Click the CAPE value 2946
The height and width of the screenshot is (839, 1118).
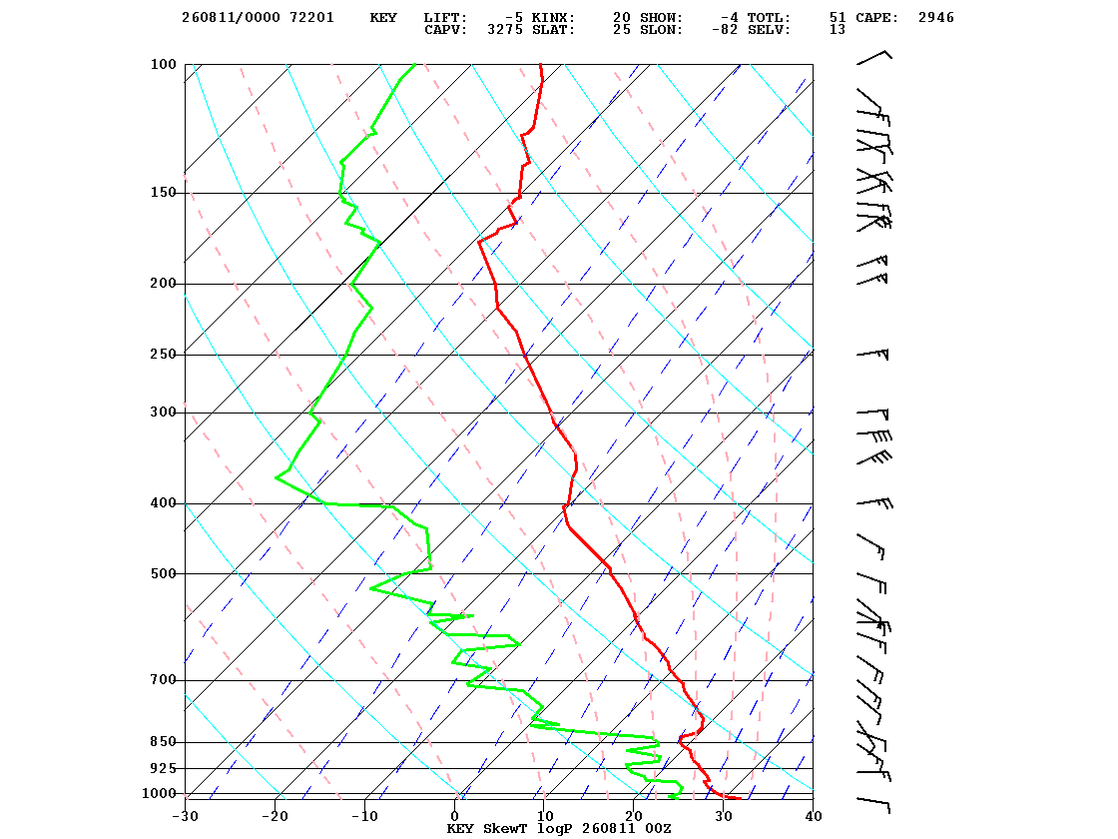[935, 18]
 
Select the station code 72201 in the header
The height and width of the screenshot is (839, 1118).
[311, 18]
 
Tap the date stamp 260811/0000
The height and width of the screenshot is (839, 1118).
[231, 18]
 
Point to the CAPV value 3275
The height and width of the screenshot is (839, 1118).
[505, 30]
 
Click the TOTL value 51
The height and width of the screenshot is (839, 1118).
[838, 18]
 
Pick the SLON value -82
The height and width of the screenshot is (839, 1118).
[725, 30]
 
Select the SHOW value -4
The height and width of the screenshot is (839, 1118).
[730, 18]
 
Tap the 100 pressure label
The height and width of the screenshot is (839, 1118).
[164, 64]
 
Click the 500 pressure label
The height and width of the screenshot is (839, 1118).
[164, 573]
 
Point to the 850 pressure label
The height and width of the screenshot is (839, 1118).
[164, 742]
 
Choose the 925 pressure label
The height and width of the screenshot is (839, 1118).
[164, 768]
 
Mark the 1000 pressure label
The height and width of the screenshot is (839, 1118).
[159, 793]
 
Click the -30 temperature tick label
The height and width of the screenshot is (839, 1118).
[186, 816]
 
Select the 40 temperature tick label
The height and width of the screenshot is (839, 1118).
[814, 816]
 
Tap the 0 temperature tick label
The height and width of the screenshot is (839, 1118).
[455, 816]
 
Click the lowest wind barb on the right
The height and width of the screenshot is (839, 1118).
[874, 805]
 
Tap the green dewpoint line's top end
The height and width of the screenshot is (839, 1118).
[415, 64]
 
